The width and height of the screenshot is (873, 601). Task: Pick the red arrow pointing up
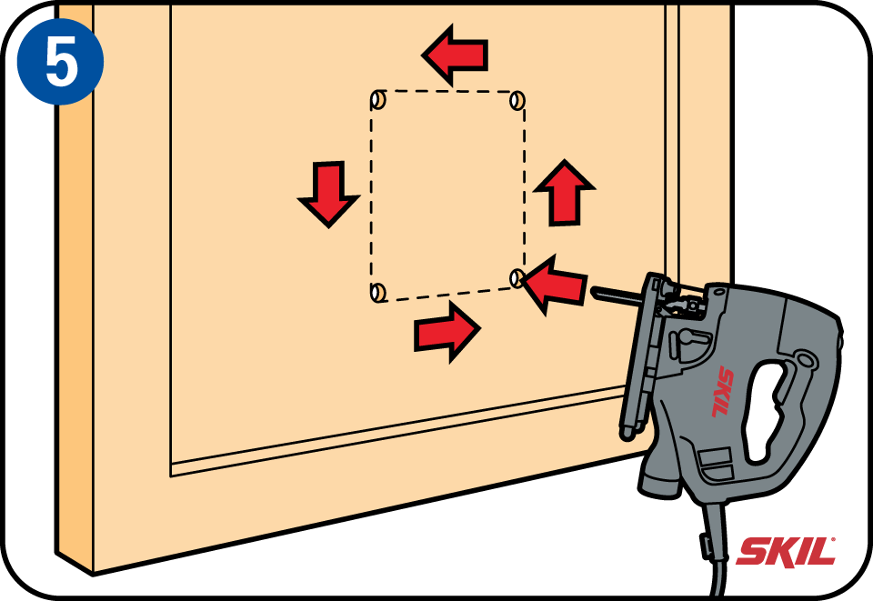[565, 193]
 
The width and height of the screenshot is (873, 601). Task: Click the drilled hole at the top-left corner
[378, 100]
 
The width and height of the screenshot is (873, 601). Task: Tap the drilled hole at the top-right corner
[517, 101]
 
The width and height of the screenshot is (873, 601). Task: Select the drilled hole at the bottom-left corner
[378, 292]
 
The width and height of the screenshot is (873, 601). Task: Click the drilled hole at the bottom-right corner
[517, 278]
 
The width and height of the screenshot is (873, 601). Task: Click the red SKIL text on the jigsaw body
[723, 391]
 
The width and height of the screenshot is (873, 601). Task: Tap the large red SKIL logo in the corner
[786, 551]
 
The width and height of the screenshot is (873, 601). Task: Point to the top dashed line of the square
[447, 91]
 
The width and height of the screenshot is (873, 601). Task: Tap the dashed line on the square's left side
[371, 195]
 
